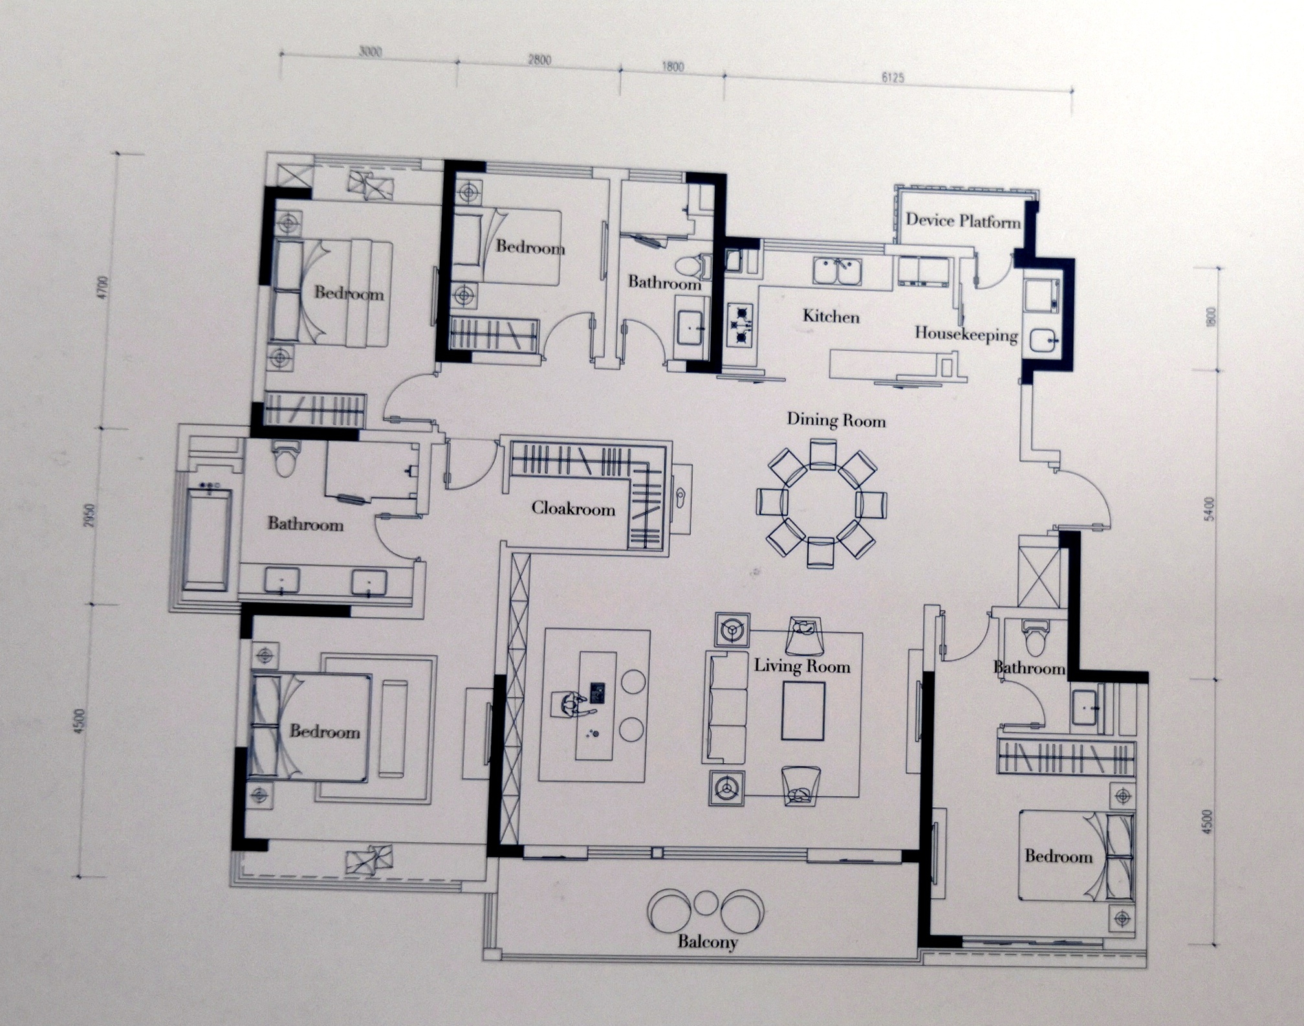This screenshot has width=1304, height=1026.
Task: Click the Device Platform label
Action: (962, 221)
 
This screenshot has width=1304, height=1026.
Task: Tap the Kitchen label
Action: (831, 316)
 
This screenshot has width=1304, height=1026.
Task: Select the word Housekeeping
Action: (966, 334)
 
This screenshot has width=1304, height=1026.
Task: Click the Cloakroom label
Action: (573, 508)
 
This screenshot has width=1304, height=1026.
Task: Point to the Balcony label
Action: (708, 941)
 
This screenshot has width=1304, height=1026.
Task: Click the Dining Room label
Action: (836, 420)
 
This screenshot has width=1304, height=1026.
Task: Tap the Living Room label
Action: (802, 665)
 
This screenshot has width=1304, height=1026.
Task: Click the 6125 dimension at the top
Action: (892, 78)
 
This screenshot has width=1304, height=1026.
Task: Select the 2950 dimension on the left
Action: (91, 515)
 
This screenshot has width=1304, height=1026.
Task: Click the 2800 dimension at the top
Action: (539, 60)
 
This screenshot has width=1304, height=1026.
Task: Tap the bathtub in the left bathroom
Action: (207, 540)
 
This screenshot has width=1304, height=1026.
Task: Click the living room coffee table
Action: (803, 711)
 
